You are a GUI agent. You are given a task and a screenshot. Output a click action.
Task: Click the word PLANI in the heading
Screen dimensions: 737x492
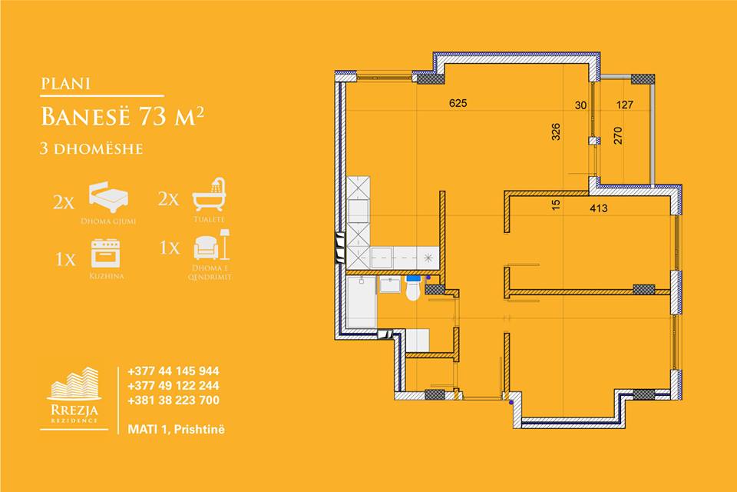point(65,83)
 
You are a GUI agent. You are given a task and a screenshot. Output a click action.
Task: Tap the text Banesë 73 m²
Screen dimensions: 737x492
point(123,116)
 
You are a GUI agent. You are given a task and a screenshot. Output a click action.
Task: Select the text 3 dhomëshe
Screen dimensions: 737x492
point(91,149)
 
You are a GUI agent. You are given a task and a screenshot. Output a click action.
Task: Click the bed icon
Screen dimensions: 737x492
point(109,198)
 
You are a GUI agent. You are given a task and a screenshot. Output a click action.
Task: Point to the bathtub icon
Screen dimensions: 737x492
point(209,194)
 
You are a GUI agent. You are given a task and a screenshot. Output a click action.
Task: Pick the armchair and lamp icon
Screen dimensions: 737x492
point(212,244)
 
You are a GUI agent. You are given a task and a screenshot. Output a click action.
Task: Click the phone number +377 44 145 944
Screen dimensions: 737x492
point(174,371)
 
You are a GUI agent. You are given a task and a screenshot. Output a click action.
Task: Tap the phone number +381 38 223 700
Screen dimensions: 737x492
point(174,401)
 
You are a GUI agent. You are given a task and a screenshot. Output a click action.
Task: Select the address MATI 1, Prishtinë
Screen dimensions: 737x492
point(177,430)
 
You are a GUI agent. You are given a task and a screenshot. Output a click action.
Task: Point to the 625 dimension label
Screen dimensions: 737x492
point(458,103)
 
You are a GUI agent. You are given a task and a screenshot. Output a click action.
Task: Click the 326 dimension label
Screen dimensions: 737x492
point(556,131)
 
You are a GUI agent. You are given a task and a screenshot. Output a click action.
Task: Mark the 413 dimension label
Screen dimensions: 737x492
point(598,208)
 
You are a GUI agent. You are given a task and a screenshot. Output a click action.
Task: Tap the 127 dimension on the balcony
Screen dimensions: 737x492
point(625,105)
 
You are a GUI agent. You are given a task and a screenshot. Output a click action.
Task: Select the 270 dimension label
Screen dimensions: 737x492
point(617,135)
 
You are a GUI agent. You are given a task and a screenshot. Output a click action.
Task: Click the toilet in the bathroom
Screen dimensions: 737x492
point(413,288)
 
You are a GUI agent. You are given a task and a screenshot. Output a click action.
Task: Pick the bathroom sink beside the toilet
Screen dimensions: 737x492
point(390,284)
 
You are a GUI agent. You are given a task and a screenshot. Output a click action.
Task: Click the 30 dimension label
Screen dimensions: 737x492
point(581,105)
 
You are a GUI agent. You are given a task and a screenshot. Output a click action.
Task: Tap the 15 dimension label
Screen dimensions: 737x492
point(556,204)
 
